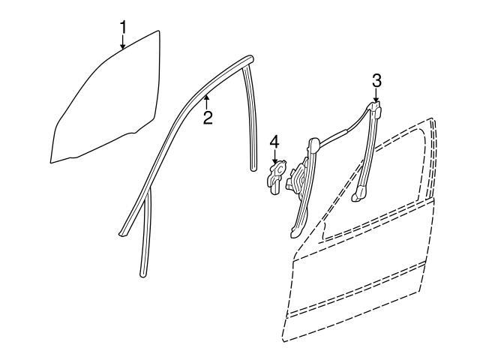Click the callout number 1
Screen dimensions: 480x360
tap(123, 27)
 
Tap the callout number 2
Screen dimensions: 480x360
tap(208, 118)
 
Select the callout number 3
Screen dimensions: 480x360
tap(376, 81)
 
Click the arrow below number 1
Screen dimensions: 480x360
tap(123, 42)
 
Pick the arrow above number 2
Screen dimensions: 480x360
tap(207, 102)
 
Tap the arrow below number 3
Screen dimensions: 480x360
tap(376, 95)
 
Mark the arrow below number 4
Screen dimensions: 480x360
tap(275, 157)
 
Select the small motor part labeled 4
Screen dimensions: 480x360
tap(277, 178)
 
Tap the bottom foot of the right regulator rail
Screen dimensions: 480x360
tap(358, 195)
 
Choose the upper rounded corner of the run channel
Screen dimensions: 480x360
tap(248, 59)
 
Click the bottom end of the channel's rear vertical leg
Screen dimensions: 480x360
tap(253, 168)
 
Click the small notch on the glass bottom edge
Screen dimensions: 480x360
tap(133, 133)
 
